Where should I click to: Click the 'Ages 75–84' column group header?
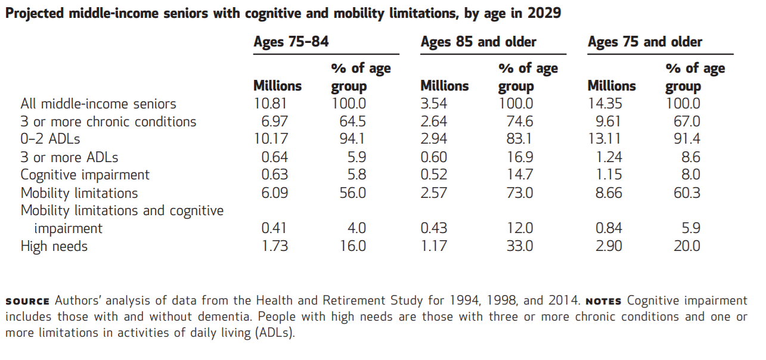291,42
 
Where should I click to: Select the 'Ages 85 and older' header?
478,42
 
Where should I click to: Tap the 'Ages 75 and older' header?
645,42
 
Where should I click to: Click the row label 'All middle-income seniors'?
98,104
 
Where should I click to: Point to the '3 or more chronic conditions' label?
108,122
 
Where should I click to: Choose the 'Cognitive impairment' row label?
85,175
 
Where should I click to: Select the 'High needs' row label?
54,246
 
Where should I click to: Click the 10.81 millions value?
272,104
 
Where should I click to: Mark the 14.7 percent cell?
520,175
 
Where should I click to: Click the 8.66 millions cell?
608,193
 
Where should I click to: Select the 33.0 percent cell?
520,246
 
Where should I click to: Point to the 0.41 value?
275,228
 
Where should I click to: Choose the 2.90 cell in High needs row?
608,246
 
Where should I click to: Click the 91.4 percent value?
687,139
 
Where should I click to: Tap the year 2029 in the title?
544,13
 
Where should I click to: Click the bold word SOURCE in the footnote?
28,301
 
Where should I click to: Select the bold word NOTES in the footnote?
603,301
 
